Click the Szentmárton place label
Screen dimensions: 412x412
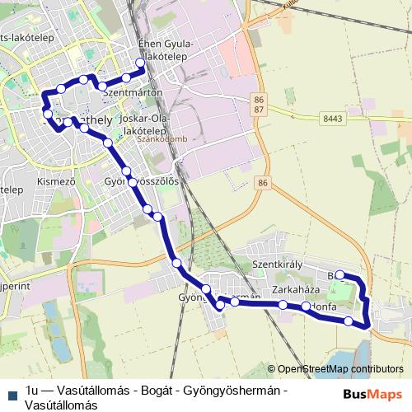point(132,94)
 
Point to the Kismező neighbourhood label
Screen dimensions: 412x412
point(44,179)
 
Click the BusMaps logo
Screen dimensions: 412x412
point(372,395)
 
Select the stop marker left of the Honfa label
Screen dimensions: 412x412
point(307,307)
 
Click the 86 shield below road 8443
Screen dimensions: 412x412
point(263,182)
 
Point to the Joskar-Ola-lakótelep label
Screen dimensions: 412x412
point(143,124)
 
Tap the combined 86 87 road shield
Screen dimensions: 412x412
point(259,104)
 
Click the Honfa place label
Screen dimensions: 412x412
point(323,306)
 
